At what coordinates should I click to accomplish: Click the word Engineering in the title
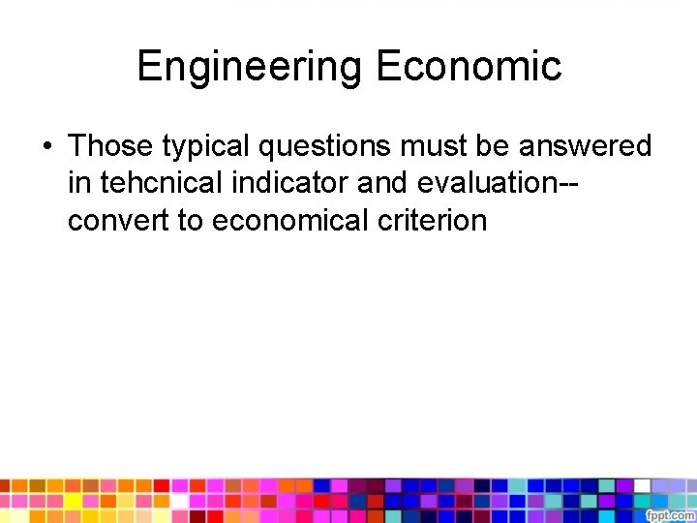coord(250,66)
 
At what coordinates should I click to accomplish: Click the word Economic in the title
coord(469,66)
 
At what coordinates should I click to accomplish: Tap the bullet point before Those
coord(45,146)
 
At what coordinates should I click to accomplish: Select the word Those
coord(110,146)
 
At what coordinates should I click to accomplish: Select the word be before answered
coord(498,146)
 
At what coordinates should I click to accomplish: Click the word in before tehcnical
coord(78,183)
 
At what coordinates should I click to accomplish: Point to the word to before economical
coord(190,220)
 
